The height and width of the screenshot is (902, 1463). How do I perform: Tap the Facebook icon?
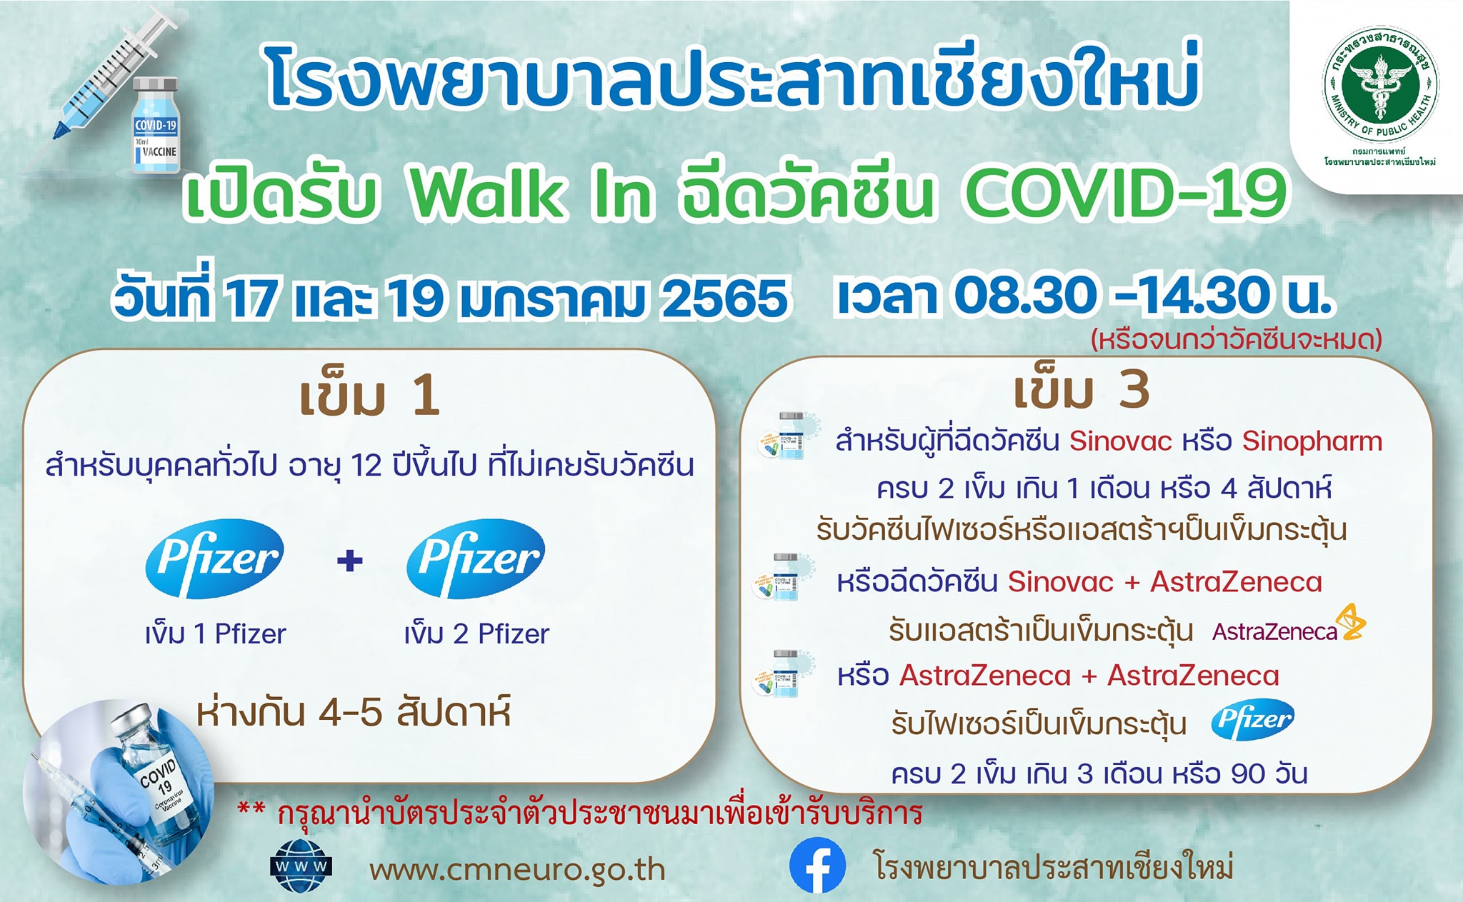[x=817, y=866]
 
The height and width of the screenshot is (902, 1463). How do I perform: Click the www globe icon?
[x=301, y=866]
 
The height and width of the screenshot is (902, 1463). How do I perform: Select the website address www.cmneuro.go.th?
[x=517, y=870]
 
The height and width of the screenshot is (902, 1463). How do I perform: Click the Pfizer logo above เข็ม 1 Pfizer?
[x=214, y=558]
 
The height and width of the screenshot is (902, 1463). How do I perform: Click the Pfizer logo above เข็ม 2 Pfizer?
[x=476, y=558]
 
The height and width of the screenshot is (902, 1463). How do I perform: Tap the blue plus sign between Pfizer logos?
[x=349, y=560]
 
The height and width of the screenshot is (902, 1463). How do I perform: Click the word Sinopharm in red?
[x=1312, y=441]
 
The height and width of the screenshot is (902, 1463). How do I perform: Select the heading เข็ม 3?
[x=1081, y=391]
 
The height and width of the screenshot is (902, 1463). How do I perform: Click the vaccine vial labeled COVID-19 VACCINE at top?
[x=156, y=126]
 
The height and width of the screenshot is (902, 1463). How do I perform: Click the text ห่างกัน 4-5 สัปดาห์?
[x=353, y=713]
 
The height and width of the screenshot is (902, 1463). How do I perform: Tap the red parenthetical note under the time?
[x=1236, y=339]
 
